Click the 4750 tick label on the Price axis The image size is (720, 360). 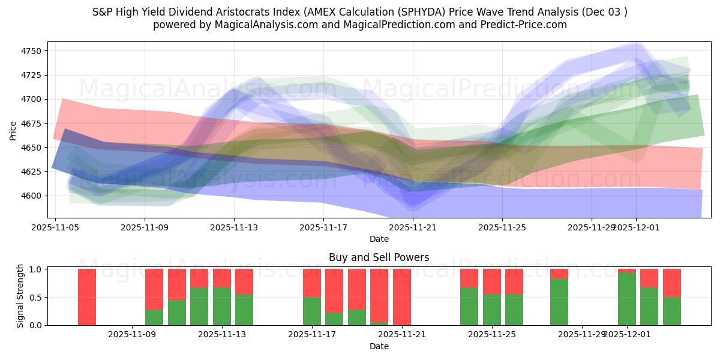(31, 51)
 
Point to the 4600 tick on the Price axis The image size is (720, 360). (31, 196)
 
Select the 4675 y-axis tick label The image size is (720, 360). (31, 124)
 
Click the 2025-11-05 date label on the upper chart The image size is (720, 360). (56, 227)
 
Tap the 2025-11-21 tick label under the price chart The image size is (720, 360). (413, 227)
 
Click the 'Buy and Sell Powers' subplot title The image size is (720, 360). (379, 257)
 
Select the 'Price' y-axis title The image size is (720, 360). (13, 130)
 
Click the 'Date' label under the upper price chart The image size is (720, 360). (379, 239)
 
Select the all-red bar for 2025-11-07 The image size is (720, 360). (87, 297)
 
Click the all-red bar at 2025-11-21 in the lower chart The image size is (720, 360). (402, 297)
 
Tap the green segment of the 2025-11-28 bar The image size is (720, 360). (559, 302)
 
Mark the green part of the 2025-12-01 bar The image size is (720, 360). (627, 299)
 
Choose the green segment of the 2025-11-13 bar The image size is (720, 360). (222, 306)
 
